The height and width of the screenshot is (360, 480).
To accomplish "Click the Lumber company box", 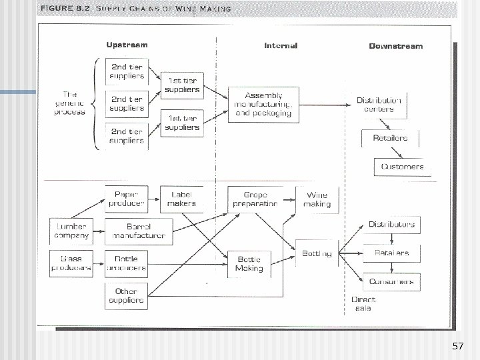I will tap(71, 231).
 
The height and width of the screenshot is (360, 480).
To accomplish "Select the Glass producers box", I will tap(71, 263).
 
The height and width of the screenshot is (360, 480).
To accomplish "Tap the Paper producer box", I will tap(127, 198).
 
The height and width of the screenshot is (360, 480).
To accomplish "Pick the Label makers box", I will tap(181, 198).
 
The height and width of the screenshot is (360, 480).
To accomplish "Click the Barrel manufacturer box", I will tap(139, 231).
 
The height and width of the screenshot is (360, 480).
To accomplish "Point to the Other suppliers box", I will tap(126, 295).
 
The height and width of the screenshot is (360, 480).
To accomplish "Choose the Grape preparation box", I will tap(253, 199).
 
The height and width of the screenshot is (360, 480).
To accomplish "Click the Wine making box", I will tap(317, 199).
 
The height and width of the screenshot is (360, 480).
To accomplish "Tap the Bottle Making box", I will tap(249, 264).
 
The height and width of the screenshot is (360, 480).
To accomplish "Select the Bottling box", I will tap(317, 253).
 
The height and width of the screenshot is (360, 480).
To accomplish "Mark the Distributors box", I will tap(391, 225).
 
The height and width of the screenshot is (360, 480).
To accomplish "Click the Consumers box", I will tap(391, 281).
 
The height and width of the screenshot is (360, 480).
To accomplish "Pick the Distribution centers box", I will tap(379, 105).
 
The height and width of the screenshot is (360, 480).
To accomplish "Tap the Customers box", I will tap(402, 166).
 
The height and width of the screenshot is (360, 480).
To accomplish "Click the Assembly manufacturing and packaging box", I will tap(263, 104).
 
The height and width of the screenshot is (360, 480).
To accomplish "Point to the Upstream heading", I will tap(127, 45).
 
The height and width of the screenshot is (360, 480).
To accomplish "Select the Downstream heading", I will tap(395, 46).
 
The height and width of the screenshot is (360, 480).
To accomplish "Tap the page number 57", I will tap(457, 347).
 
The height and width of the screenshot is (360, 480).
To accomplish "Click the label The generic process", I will tap(69, 103).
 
